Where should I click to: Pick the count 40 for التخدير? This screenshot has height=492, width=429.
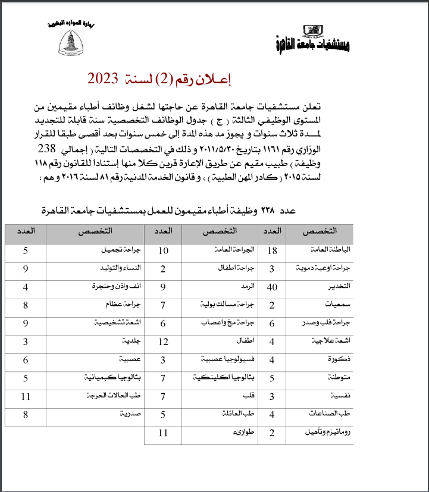tap(273, 287)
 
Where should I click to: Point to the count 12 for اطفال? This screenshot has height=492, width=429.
tap(164, 341)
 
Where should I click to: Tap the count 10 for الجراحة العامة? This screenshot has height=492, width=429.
tap(164, 250)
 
